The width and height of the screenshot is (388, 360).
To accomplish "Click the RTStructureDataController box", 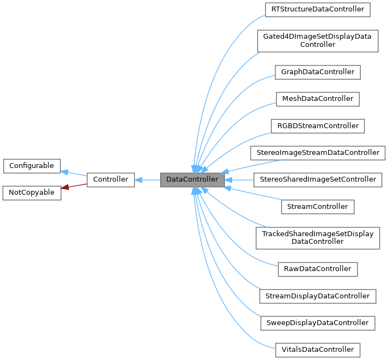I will pos(317,10).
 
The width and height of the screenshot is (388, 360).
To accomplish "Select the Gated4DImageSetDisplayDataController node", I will pos(317,40).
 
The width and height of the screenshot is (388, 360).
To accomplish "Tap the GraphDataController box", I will pos(317,72).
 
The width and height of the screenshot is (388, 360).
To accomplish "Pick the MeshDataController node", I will pos(317,99).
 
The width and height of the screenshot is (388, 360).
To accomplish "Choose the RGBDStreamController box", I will pos(317,125).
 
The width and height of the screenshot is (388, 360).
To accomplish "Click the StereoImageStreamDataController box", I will pos(317,153).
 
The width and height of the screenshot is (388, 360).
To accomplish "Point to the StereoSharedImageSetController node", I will pos(317,179).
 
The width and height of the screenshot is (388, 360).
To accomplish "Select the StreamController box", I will pos(317,207).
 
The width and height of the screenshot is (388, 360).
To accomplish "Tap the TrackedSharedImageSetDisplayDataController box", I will pos(317,238).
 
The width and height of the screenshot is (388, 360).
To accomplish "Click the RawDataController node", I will pos(317,269).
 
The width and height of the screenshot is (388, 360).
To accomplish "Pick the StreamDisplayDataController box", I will pos(317,296).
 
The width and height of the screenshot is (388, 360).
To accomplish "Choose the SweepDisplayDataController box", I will pos(317,323).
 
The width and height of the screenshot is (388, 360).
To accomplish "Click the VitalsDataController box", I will pos(317,350).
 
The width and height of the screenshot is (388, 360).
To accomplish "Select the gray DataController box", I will pos(192,179).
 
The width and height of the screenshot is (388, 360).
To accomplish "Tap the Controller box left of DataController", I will pos(111,179).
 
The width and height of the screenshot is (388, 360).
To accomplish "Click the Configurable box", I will pos(32,166).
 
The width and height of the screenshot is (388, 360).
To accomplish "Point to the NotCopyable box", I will pos(32,193).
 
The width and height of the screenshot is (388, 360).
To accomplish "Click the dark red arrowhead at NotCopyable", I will pos(65,188).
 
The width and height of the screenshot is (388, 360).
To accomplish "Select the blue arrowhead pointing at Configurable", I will pos(64,172).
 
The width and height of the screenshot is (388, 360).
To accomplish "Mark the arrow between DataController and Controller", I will pos(147,179).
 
